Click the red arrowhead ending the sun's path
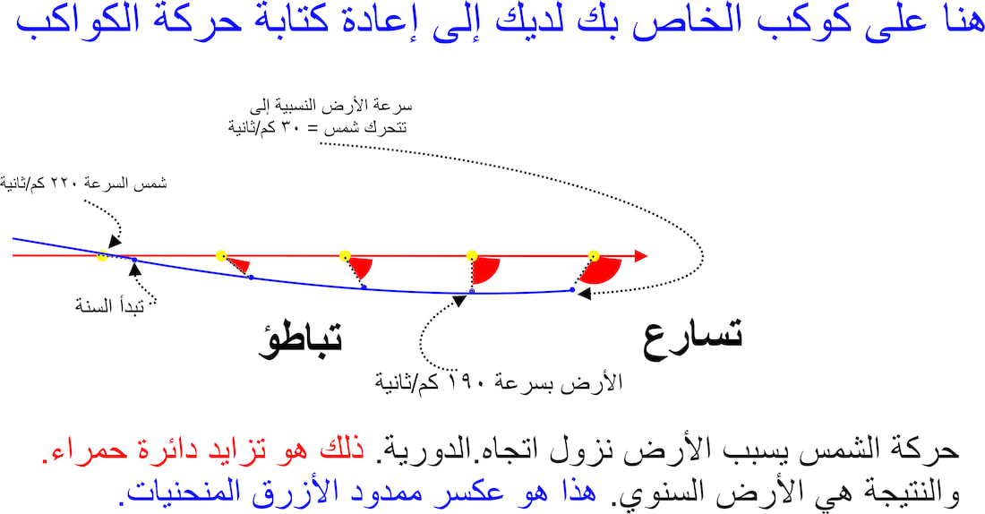point(641,256)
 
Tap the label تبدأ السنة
point(110,306)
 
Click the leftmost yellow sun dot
point(102,256)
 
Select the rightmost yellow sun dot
point(594,256)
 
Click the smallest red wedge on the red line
point(239,264)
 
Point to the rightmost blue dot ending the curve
point(572,289)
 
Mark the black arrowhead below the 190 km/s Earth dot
point(459,301)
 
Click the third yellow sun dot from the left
point(344,256)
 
